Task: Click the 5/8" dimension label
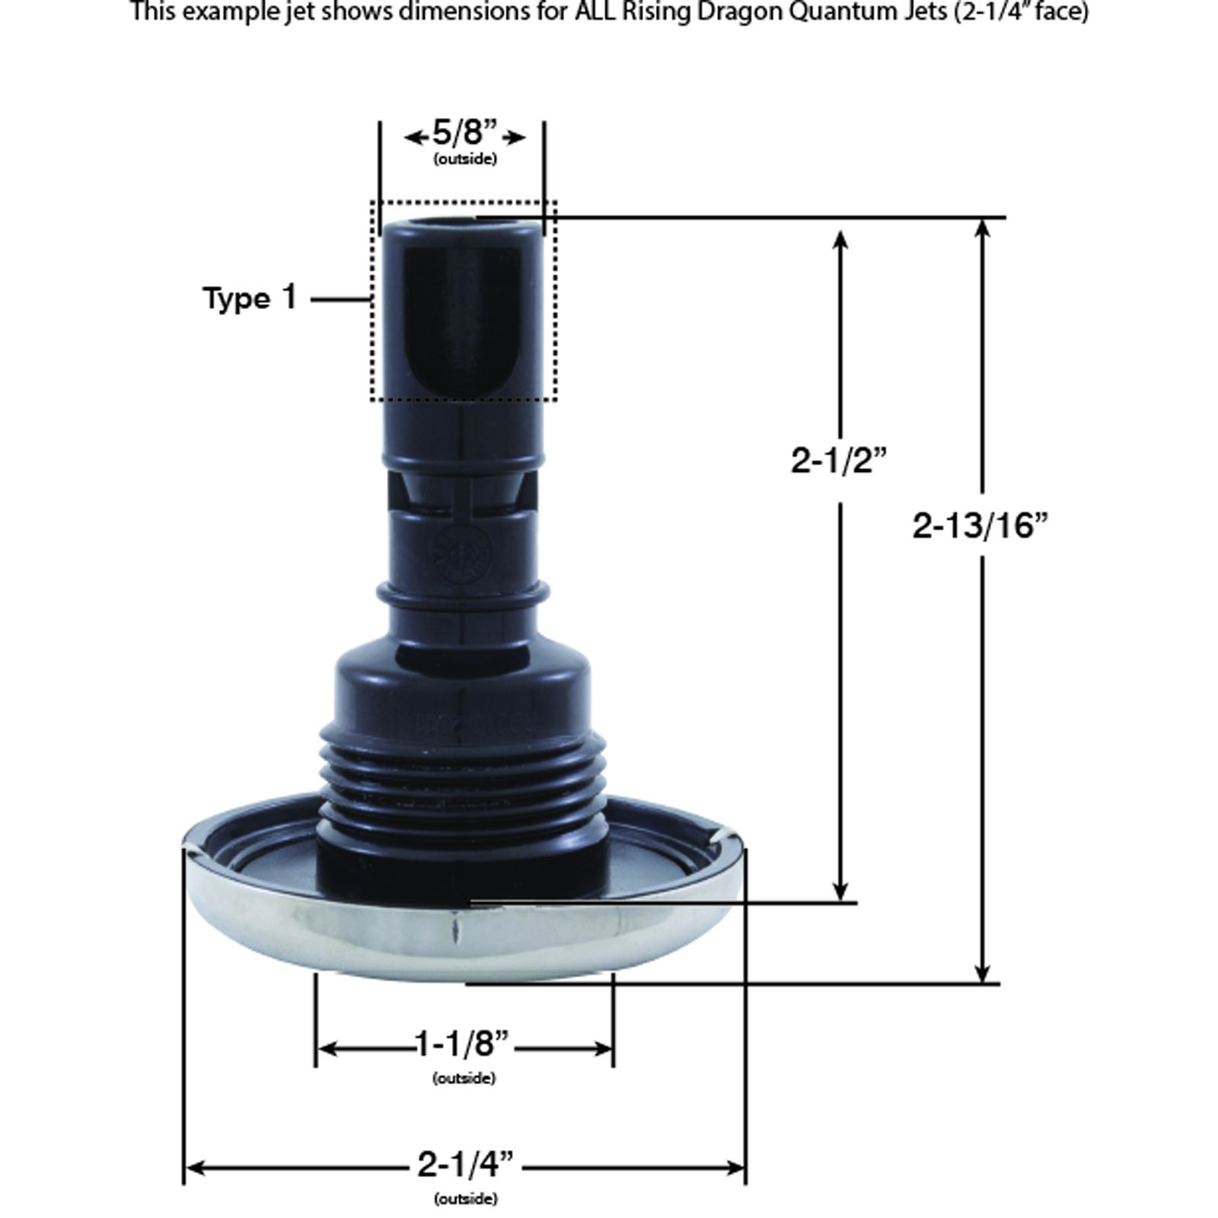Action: [464, 135]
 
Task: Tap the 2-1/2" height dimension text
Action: [840, 461]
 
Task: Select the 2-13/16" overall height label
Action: [980, 525]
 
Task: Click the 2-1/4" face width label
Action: [465, 1165]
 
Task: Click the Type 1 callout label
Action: [250, 298]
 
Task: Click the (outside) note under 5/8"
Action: [465, 159]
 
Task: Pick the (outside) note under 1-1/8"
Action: [464, 1078]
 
